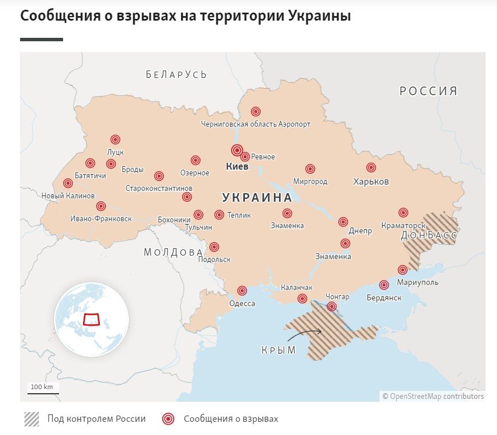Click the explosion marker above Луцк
[115, 139]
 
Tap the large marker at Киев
[237, 150]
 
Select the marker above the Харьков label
[371, 168]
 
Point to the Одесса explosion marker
[242, 291]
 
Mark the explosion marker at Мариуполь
[402, 269]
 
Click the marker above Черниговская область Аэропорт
[256, 112]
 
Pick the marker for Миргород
[310, 168]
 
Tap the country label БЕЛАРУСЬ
[176, 75]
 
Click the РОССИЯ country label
[428, 91]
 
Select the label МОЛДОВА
[173, 252]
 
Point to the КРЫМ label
[279, 350]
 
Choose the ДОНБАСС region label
[429, 236]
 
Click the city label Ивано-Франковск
[100, 218]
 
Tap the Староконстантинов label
[159, 188]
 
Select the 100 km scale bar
[42, 392]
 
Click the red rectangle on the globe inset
[91, 319]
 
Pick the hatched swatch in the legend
[32, 419]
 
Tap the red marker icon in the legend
[168, 419]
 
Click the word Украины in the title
[319, 16]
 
